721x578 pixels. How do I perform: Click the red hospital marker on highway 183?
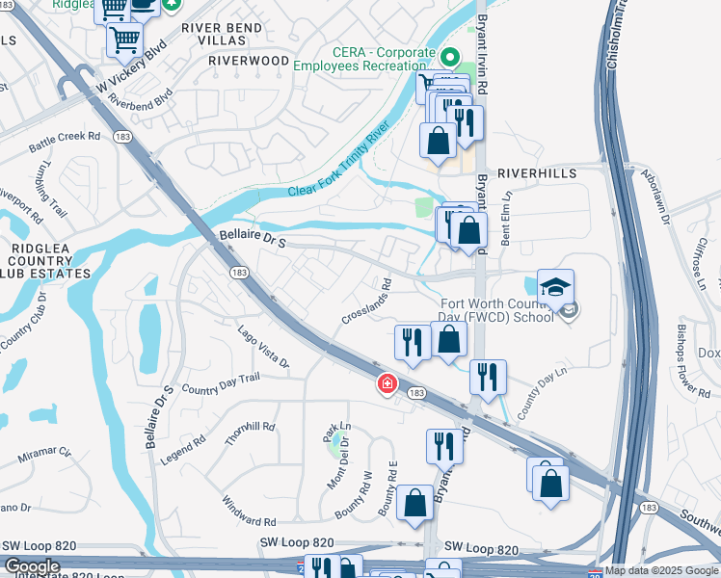click(x=387, y=384)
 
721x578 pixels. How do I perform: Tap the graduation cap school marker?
click(x=555, y=286)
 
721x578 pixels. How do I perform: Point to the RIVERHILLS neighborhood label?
click(x=537, y=173)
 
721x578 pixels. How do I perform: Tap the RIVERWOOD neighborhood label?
click(x=249, y=60)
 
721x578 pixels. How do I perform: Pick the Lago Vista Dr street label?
click(x=264, y=347)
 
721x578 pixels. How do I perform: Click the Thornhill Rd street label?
click(x=250, y=433)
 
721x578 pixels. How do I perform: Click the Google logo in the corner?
click(x=32, y=566)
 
